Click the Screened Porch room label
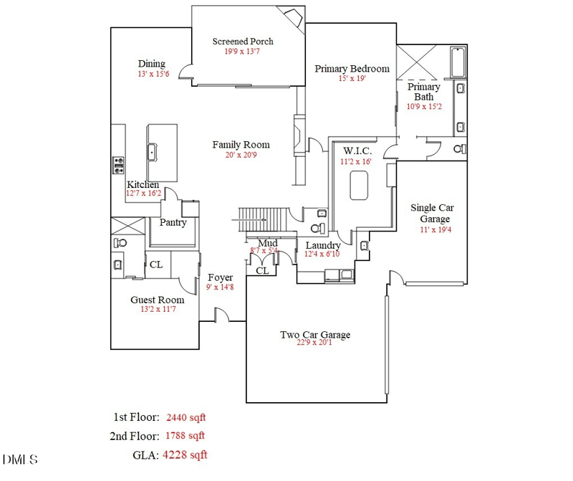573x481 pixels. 243,41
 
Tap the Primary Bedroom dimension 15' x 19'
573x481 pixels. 352,79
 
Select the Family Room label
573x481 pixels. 241,145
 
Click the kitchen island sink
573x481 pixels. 153,151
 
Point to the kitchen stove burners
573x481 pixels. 117,166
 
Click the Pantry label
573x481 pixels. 173,222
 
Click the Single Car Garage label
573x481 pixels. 432,213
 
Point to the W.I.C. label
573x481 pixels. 356,151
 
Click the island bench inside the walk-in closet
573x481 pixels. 359,188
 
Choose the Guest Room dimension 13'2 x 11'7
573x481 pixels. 157,309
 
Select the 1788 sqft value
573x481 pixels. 186,435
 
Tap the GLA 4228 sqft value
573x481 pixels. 185,454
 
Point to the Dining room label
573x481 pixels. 151,64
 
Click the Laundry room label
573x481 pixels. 322,245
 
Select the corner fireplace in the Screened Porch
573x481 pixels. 292,16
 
